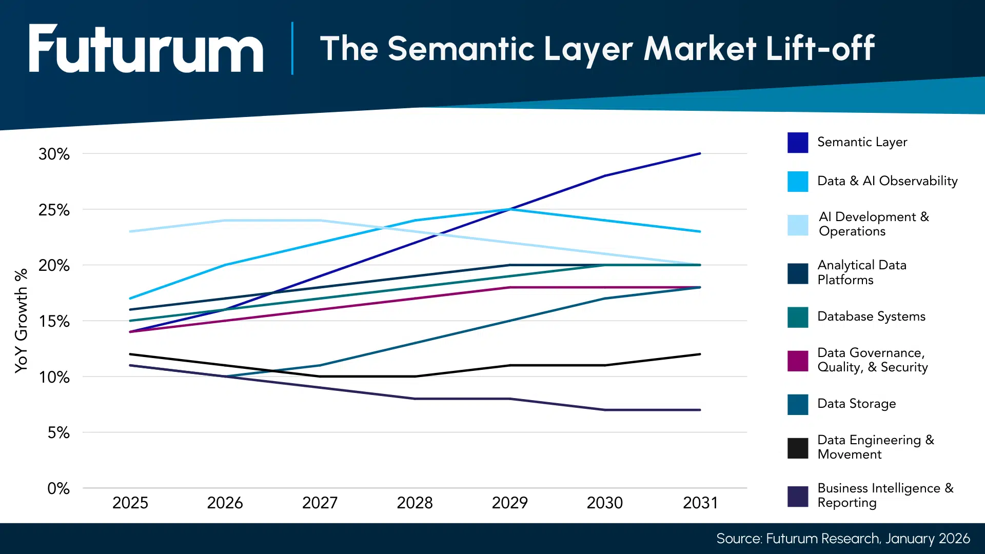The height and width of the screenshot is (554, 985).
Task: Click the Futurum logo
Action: coord(146,49)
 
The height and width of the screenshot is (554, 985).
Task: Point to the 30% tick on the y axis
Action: coord(54,154)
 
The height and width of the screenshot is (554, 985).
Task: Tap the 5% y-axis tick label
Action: coord(58,433)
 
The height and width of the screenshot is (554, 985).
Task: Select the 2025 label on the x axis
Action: coord(130,503)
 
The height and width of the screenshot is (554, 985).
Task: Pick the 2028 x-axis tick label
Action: coord(415,503)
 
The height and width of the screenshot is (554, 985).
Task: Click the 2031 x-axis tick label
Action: coord(700,503)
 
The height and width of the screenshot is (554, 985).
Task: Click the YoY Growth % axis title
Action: coord(21,321)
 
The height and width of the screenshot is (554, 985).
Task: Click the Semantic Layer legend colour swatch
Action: coord(798,143)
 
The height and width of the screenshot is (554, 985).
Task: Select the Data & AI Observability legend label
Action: coord(887,181)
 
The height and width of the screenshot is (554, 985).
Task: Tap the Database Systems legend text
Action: coord(871,316)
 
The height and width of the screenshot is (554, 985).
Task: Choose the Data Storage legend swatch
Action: coord(798,404)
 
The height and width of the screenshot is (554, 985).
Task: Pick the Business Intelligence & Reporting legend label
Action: coord(885,495)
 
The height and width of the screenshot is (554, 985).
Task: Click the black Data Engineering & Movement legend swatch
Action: coord(798,448)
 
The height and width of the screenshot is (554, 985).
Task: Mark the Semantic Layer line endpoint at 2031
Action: coord(700,153)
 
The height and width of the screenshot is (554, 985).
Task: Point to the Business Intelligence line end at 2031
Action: coord(700,410)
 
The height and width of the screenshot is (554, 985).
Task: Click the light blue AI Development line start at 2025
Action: coord(130,231)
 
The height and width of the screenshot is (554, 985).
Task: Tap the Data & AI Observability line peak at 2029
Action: coord(510,209)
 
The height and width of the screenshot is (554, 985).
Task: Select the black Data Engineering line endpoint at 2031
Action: coord(700,354)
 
